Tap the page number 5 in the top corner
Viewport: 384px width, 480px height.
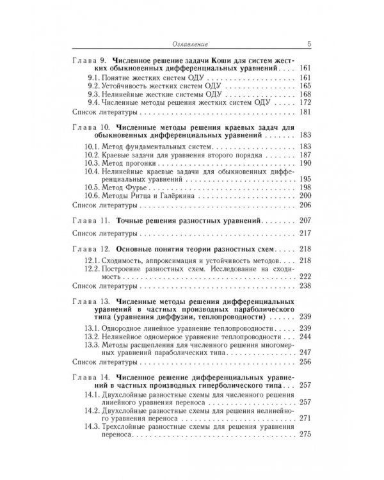(308, 44)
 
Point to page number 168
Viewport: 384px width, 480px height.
(305, 94)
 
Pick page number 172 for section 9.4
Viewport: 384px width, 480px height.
(305, 102)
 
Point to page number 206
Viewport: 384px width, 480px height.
(305, 205)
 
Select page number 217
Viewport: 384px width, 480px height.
(305, 232)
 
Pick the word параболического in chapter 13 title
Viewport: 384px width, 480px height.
(260, 310)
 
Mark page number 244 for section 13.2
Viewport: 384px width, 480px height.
(305, 336)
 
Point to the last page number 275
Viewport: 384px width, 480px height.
(305, 435)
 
